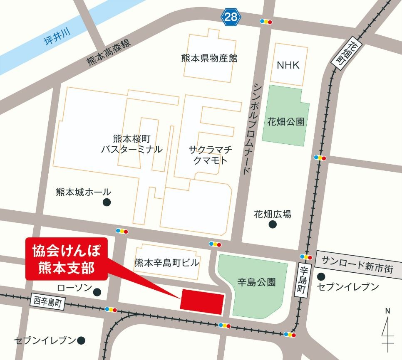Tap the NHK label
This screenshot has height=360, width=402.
point(288,65)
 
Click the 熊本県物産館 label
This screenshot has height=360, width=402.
point(209,58)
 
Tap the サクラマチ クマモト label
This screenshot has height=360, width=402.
point(210,154)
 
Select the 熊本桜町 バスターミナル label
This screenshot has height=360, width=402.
point(132,144)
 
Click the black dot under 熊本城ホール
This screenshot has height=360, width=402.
point(107,202)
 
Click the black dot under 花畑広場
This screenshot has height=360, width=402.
point(273,224)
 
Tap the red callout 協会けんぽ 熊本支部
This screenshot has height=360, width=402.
point(67,258)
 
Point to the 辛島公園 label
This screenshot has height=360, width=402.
point(256,283)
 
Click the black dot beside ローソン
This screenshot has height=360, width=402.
point(97,292)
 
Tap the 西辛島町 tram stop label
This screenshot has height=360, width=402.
point(48,301)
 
